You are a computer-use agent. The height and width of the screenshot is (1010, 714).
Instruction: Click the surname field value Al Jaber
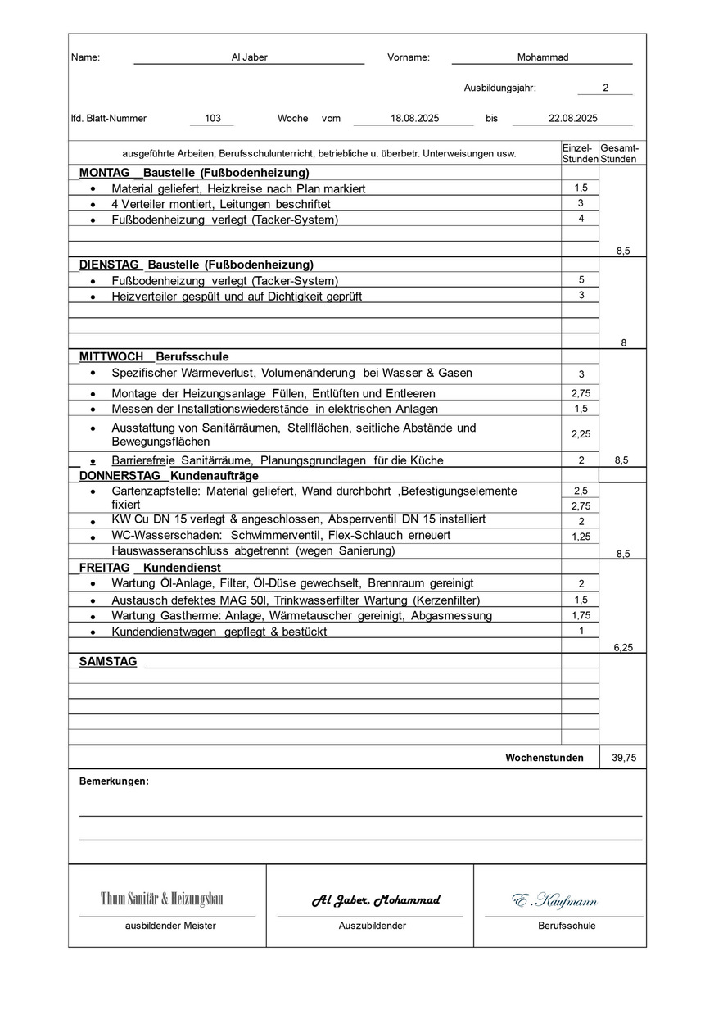coord(249,57)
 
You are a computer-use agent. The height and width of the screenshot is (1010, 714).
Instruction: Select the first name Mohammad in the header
coord(542,57)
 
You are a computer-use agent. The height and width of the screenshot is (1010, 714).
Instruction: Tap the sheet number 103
coord(213,118)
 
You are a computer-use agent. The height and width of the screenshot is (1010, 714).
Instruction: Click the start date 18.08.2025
coord(414,118)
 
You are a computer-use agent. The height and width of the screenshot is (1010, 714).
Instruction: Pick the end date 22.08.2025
coord(572,118)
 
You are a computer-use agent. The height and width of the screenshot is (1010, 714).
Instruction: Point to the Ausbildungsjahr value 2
coord(605,88)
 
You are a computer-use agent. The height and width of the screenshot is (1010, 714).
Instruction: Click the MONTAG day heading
coord(105,173)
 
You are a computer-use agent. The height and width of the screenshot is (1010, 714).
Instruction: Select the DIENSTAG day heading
coord(110,265)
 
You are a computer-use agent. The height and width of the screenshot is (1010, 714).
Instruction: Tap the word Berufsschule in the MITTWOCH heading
coord(192,357)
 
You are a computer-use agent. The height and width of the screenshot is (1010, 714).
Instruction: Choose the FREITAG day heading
coord(105,567)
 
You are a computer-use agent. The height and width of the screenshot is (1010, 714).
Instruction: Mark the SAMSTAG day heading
coord(108,661)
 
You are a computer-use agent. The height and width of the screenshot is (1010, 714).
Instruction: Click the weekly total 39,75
coord(623,758)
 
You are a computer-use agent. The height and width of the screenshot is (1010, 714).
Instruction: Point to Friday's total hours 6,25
coord(623,647)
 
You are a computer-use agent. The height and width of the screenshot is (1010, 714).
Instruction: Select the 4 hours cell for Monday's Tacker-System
coord(581,219)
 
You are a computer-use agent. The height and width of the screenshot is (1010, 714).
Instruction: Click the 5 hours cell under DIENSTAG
coord(581,279)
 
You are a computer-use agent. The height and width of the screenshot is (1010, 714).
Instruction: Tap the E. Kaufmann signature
coord(555,901)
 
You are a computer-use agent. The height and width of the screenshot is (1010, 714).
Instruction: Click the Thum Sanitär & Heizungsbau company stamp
coord(161,899)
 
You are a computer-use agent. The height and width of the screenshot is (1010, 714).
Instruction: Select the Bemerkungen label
coord(114,781)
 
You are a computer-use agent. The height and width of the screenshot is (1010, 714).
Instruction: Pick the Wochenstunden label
coord(545,758)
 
